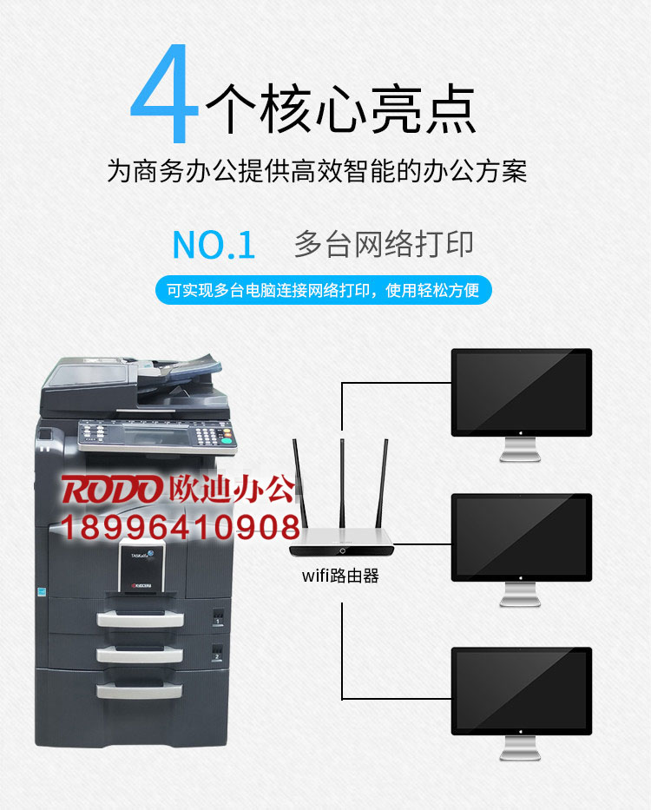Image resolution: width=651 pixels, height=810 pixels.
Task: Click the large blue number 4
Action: click(164, 93)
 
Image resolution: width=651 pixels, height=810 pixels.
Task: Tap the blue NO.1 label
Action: click(214, 245)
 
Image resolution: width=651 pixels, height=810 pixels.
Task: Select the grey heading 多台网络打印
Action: click(384, 244)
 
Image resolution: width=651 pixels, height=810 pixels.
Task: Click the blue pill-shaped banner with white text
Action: click(324, 290)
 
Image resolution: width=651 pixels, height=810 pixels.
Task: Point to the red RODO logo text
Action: click(110, 489)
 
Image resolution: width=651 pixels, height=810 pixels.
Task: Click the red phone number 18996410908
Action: click(180, 527)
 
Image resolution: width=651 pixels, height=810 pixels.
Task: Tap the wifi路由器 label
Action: click(340, 576)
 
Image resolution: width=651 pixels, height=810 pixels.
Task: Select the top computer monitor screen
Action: click(522, 392)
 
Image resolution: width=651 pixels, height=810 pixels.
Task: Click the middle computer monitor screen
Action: click(522, 537)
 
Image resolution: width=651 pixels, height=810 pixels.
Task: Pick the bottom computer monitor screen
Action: click(522, 691)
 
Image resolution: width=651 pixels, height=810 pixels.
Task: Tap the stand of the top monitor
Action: click(520, 450)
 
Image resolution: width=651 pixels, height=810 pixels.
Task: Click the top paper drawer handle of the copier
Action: click(140, 618)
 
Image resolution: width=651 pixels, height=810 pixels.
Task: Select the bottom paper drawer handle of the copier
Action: click(140, 691)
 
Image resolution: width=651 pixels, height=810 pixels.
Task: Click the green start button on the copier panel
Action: click(226, 442)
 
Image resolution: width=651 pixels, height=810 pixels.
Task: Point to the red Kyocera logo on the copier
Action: click(141, 586)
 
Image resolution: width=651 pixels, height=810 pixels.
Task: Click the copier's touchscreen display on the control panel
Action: click(155, 437)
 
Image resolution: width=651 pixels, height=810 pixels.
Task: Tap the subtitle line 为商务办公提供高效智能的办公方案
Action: click(317, 171)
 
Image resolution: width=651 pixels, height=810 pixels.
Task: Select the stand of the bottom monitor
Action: click(520, 748)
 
